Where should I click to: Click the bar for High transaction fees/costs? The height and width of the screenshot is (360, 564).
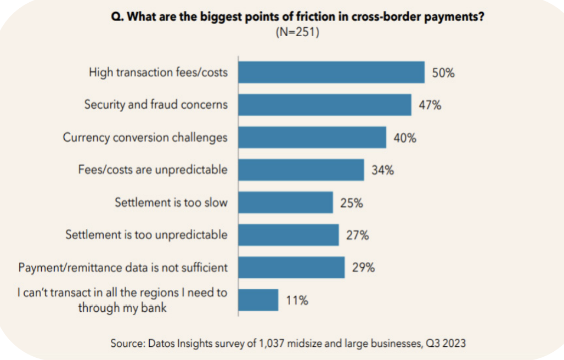click(x=331, y=72)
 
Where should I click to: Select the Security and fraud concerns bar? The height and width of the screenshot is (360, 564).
click(x=324, y=104)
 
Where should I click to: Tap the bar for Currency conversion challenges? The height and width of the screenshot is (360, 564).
click(x=312, y=137)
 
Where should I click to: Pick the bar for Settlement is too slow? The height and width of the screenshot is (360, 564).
click(x=285, y=203)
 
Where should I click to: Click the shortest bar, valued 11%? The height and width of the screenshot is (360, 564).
click(x=258, y=300)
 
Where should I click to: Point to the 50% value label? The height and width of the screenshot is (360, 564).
click(x=443, y=72)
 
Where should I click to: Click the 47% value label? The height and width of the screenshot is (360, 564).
click(x=430, y=105)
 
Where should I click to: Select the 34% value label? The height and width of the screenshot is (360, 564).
click(x=382, y=170)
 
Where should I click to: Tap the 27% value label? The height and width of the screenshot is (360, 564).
click(x=357, y=235)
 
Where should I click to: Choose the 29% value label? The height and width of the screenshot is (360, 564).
click(x=363, y=268)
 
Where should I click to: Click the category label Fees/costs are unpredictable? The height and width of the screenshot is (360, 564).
click(x=153, y=170)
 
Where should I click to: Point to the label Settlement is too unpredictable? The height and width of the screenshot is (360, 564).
click(x=146, y=235)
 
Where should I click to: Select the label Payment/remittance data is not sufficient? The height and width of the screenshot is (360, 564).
click(x=122, y=268)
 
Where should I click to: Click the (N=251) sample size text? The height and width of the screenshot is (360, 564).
click(x=297, y=32)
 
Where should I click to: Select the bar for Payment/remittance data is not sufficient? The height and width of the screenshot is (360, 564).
click(x=291, y=268)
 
